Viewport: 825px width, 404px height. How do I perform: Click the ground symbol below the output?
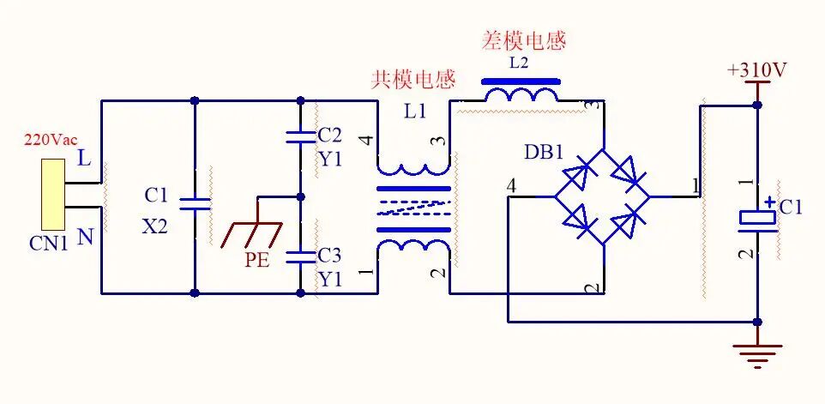tap(757, 353)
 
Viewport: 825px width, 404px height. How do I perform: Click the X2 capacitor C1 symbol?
tap(195, 203)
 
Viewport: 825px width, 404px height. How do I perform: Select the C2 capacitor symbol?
tap(300, 136)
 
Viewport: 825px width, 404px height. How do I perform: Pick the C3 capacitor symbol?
tap(300, 255)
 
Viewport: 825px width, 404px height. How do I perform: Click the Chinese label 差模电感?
tap(526, 40)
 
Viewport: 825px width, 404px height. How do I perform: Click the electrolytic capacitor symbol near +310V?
tap(757, 216)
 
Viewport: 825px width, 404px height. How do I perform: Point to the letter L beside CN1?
tap(83, 159)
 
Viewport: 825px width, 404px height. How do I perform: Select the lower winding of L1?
tap(412, 248)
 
